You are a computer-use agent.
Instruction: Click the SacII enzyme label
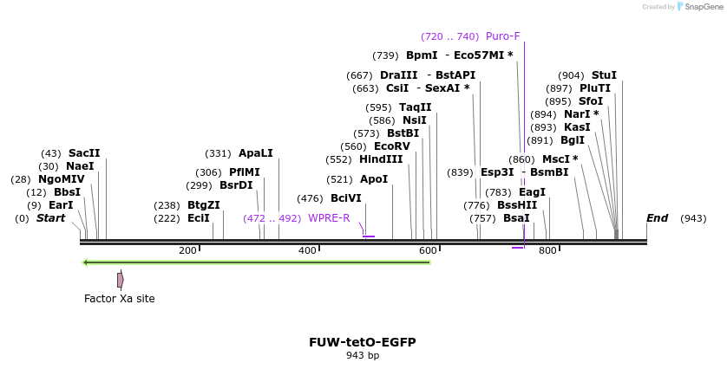pyautogui.click(x=84, y=153)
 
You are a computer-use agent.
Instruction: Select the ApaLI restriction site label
pyautogui.click(x=256, y=153)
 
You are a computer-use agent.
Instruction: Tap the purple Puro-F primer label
pyautogui.click(x=503, y=36)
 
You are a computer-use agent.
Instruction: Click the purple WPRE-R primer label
pyautogui.click(x=329, y=218)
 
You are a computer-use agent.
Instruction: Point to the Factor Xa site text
pyautogui.click(x=120, y=299)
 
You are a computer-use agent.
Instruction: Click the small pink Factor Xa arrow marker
pyautogui.click(x=121, y=280)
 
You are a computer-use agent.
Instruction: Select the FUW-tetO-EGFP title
pyautogui.click(x=363, y=342)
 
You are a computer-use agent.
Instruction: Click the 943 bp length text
pyautogui.click(x=363, y=356)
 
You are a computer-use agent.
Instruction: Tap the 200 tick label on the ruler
pyautogui.click(x=187, y=251)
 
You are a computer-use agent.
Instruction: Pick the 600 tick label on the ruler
pyautogui.click(x=427, y=251)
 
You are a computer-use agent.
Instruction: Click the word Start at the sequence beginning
pyautogui.click(x=50, y=218)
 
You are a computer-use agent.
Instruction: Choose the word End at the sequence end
pyautogui.click(x=657, y=218)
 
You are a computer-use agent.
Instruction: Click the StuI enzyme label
pyautogui.click(x=604, y=75)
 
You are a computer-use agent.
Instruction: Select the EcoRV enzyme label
pyautogui.click(x=392, y=146)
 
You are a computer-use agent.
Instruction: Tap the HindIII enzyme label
pyautogui.click(x=381, y=159)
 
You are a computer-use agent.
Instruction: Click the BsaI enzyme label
pyautogui.click(x=516, y=218)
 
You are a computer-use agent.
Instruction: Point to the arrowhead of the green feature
pyautogui.click(x=86, y=262)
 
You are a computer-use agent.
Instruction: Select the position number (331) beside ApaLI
pyautogui.click(x=218, y=153)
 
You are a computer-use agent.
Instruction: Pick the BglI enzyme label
pyautogui.click(x=573, y=140)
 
